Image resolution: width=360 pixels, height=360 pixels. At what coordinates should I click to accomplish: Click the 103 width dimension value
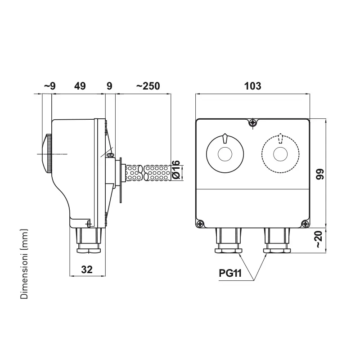click(x=252, y=86)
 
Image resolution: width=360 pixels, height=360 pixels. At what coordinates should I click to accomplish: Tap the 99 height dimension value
click(x=319, y=174)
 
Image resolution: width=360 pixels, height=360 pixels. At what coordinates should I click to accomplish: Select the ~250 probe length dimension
click(x=148, y=86)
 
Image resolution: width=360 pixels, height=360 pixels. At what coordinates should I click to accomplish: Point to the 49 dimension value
click(x=80, y=86)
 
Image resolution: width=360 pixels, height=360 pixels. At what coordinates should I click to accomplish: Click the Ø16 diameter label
click(x=176, y=170)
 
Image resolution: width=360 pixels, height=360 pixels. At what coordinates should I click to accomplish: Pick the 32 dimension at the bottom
click(x=87, y=269)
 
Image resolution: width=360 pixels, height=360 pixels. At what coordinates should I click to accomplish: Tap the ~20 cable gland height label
click(x=319, y=239)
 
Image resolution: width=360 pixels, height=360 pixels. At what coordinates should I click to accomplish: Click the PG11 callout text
click(x=230, y=273)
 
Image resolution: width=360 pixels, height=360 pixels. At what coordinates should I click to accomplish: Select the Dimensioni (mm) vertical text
click(x=24, y=264)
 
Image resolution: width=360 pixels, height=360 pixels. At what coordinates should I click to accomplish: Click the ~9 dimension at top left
click(x=50, y=86)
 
